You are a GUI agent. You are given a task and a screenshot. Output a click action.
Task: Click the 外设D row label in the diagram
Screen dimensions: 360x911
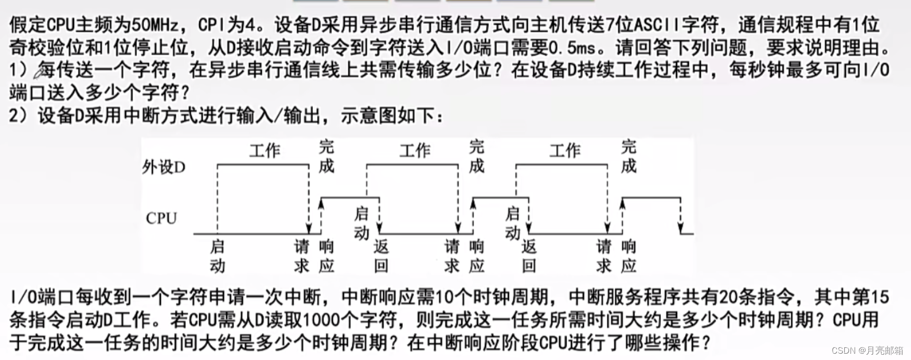163,167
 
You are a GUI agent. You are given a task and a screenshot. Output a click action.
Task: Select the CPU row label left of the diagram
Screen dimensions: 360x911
161,218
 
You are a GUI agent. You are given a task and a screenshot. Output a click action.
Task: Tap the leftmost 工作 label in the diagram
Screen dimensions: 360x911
264,151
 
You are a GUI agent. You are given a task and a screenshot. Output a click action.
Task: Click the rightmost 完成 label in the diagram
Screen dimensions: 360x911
628,156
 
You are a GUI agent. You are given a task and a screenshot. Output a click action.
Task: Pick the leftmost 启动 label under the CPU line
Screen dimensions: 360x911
217,256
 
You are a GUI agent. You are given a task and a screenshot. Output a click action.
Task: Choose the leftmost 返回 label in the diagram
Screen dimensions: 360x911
381,256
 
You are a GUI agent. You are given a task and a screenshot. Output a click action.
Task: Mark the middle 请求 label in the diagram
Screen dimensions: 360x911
452,256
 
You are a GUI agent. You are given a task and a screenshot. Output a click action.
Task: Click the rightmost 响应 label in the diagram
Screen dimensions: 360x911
628,256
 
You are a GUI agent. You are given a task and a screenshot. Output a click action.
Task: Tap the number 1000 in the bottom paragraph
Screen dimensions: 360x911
323,320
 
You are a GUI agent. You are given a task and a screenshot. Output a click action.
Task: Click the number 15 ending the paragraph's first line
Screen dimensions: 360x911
879,297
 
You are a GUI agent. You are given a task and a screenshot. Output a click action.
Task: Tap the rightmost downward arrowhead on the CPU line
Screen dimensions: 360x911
680,230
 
